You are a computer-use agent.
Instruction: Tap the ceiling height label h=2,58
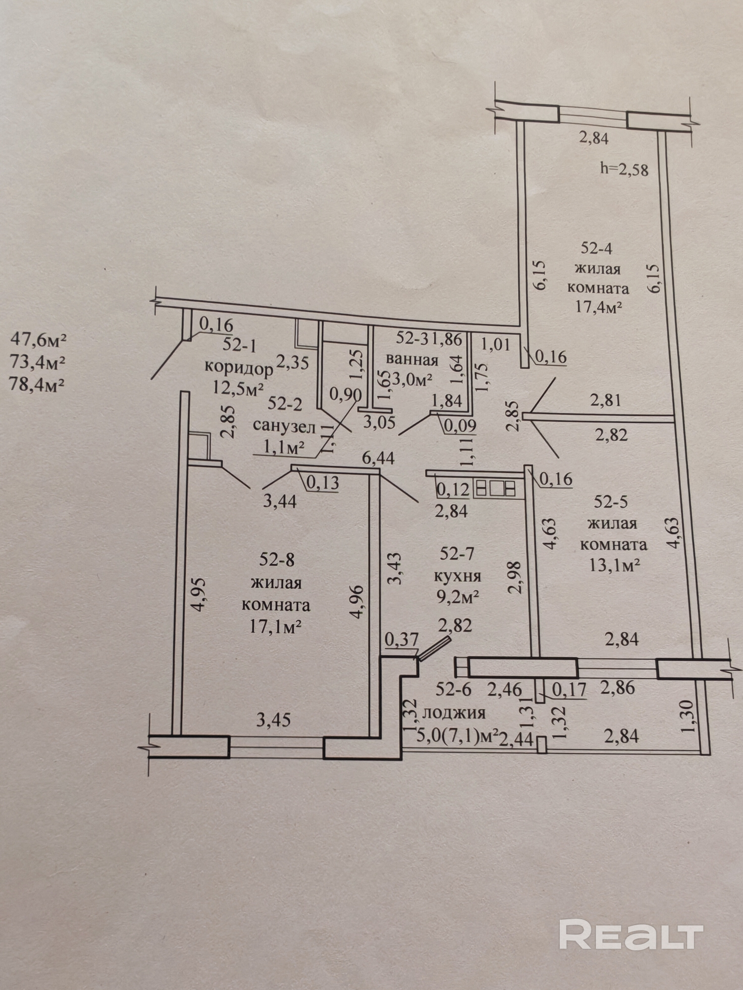[x=624, y=170]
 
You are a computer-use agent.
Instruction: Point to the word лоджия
[x=454, y=713]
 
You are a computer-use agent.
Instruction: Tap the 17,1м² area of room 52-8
[x=275, y=627]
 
